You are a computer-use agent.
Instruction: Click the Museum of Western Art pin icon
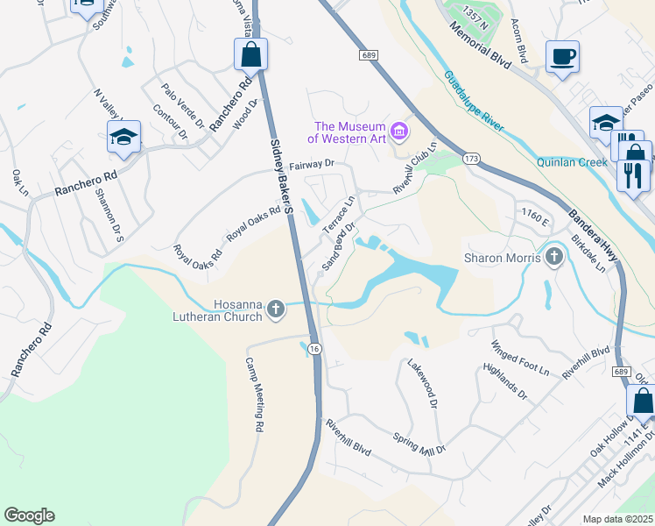point(400,132)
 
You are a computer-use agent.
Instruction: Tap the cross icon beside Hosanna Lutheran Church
point(275,308)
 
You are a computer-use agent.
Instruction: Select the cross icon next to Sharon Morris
point(553,258)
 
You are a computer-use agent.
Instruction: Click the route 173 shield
point(472,159)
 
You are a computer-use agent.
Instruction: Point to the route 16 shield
point(315,348)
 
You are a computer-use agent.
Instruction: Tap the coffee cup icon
point(562,57)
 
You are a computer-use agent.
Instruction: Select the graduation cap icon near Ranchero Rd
point(123,138)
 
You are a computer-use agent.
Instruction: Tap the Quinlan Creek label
point(571,162)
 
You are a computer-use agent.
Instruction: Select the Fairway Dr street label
point(313,163)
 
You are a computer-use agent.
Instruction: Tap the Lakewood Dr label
point(421,382)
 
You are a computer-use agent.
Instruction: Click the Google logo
point(29,515)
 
